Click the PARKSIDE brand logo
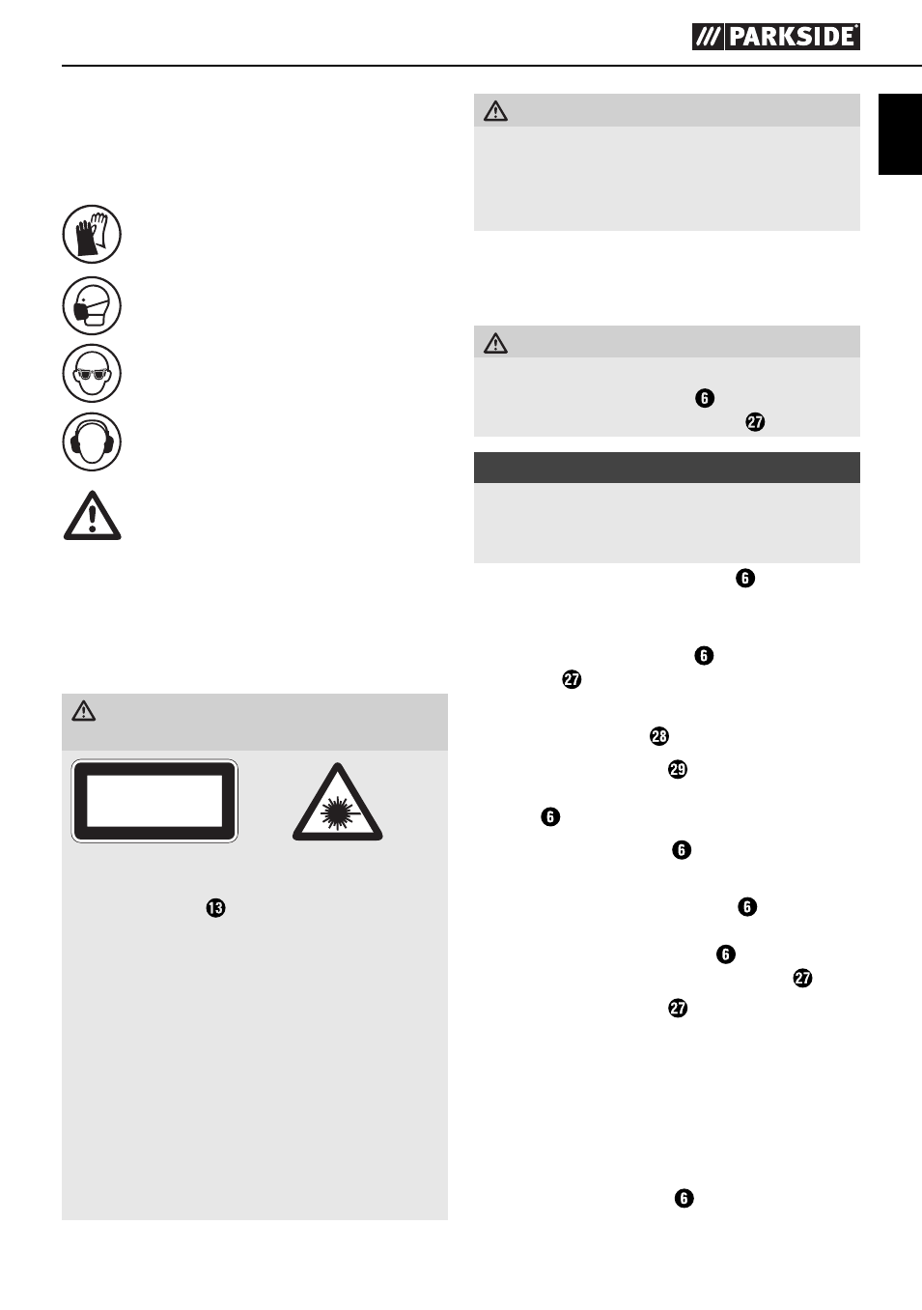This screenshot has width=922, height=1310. (x=776, y=37)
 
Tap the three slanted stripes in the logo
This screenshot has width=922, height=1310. (x=708, y=37)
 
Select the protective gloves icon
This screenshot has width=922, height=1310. (x=92, y=234)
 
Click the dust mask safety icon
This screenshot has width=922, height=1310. (x=92, y=305)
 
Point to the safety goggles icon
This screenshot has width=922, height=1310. (x=92, y=373)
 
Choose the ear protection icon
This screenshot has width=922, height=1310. (x=92, y=441)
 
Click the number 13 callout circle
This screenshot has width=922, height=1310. (x=215, y=908)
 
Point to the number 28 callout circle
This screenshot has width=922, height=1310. (x=659, y=736)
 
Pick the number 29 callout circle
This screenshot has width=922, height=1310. (x=678, y=769)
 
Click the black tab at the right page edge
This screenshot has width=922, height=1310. (x=900, y=134)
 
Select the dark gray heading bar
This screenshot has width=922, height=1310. (x=667, y=468)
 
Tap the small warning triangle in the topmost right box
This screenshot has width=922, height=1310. (x=495, y=110)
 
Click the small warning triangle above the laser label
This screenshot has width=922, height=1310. (x=84, y=711)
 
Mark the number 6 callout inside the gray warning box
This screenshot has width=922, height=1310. (x=705, y=398)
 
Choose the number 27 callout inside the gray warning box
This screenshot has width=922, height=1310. (x=756, y=421)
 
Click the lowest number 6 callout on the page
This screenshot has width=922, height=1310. (x=685, y=1198)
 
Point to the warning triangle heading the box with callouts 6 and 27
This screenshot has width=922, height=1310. (x=495, y=343)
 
